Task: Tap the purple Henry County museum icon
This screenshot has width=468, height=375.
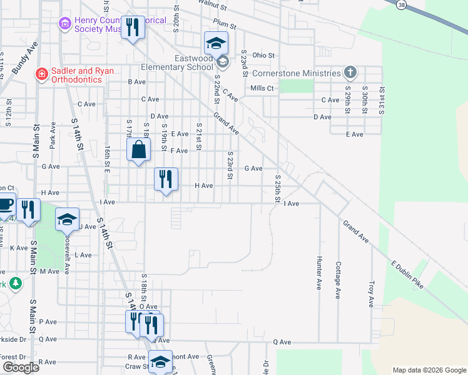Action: coord(64,24)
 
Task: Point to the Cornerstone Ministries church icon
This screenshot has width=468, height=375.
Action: coord(350,73)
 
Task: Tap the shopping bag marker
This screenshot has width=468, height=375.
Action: coord(139,150)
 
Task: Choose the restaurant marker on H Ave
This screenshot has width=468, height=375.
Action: coord(166,179)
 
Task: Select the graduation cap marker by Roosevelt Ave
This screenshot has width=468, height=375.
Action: coord(67,219)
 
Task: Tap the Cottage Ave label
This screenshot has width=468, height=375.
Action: coord(338,279)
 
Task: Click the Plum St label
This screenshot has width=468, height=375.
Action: coord(224,26)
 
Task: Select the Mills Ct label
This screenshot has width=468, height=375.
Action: coord(262,88)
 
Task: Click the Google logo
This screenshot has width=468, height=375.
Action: coord(21,367)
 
